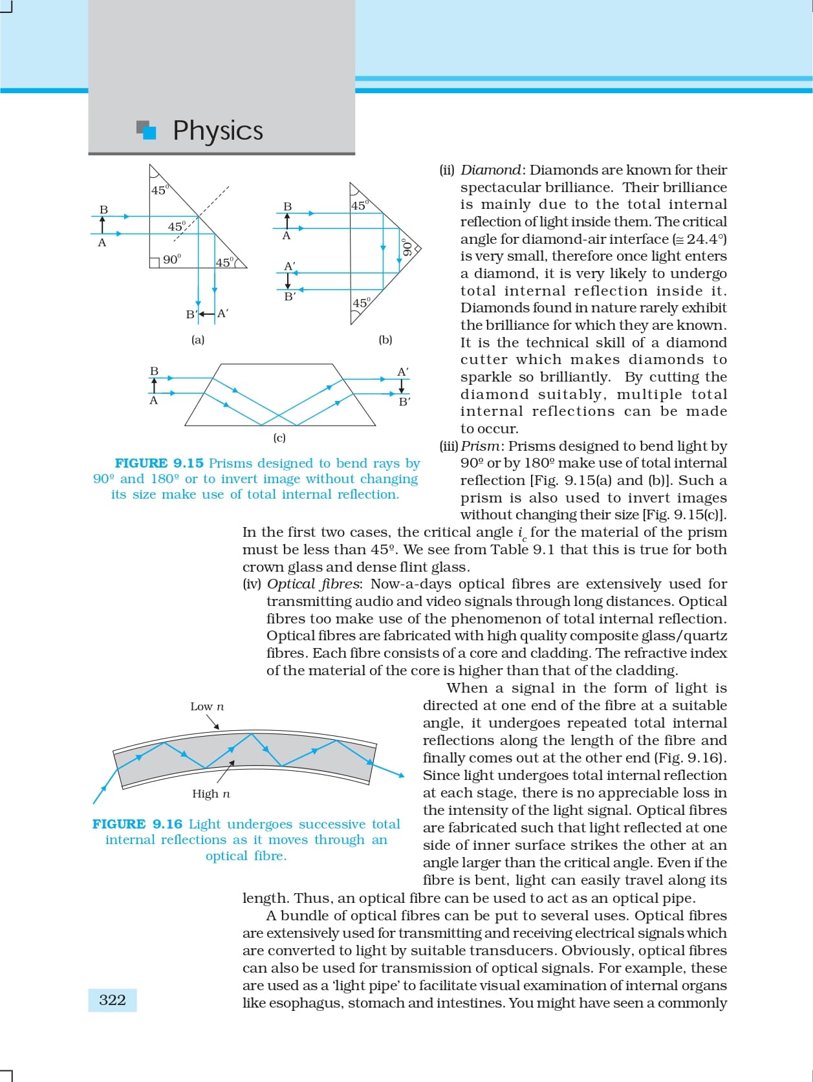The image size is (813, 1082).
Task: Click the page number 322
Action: click(x=113, y=1000)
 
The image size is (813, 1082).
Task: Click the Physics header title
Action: click(x=218, y=131)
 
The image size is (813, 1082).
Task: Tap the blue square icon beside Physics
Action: click(x=148, y=131)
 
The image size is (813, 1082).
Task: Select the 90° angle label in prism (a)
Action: click(x=172, y=259)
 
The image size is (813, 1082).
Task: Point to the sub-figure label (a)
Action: click(x=198, y=340)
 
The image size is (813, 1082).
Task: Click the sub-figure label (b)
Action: click(x=385, y=340)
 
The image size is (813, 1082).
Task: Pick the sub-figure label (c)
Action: click(x=279, y=438)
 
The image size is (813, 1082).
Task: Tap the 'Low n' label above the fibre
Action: click(x=207, y=707)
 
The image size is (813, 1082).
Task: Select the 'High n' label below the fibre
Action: click(x=211, y=794)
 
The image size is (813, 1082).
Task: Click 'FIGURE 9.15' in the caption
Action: click(x=159, y=463)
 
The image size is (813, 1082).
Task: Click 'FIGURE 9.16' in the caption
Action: click(x=137, y=824)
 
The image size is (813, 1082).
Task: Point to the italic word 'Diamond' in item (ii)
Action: click(x=490, y=170)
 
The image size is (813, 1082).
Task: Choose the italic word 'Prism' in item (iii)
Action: click(x=480, y=446)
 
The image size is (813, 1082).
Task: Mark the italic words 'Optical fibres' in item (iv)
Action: click(x=314, y=584)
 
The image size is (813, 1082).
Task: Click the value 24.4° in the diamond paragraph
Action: click(x=706, y=239)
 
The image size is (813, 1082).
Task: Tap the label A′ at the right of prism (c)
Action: click(x=403, y=372)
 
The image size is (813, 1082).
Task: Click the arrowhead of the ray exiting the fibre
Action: click(x=401, y=775)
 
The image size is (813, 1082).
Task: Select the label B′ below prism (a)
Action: click(x=191, y=315)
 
